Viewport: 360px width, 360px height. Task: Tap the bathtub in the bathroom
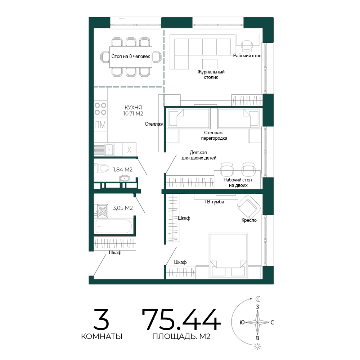(114, 226)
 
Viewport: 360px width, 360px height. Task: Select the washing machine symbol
(102, 211)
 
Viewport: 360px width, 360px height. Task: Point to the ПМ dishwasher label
(100, 125)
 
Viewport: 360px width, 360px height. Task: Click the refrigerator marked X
(129, 149)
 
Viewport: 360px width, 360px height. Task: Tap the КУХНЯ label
(133, 107)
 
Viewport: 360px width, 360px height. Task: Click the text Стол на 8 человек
(131, 56)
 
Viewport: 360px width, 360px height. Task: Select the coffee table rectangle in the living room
(210, 64)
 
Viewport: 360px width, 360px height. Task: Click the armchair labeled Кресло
(249, 207)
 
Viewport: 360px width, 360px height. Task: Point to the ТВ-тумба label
(214, 202)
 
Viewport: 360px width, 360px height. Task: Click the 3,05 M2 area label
(123, 208)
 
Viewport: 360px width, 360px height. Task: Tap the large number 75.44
(181, 320)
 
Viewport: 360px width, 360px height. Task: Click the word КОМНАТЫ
(102, 336)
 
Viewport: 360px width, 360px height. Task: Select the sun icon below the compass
(258, 346)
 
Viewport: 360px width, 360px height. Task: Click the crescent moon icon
(258, 299)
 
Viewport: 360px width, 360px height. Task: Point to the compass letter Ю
(242, 322)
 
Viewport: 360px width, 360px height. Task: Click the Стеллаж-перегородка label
(214, 135)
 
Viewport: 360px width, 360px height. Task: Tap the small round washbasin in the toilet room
(125, 179)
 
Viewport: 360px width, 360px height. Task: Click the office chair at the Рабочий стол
(247, 45)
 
